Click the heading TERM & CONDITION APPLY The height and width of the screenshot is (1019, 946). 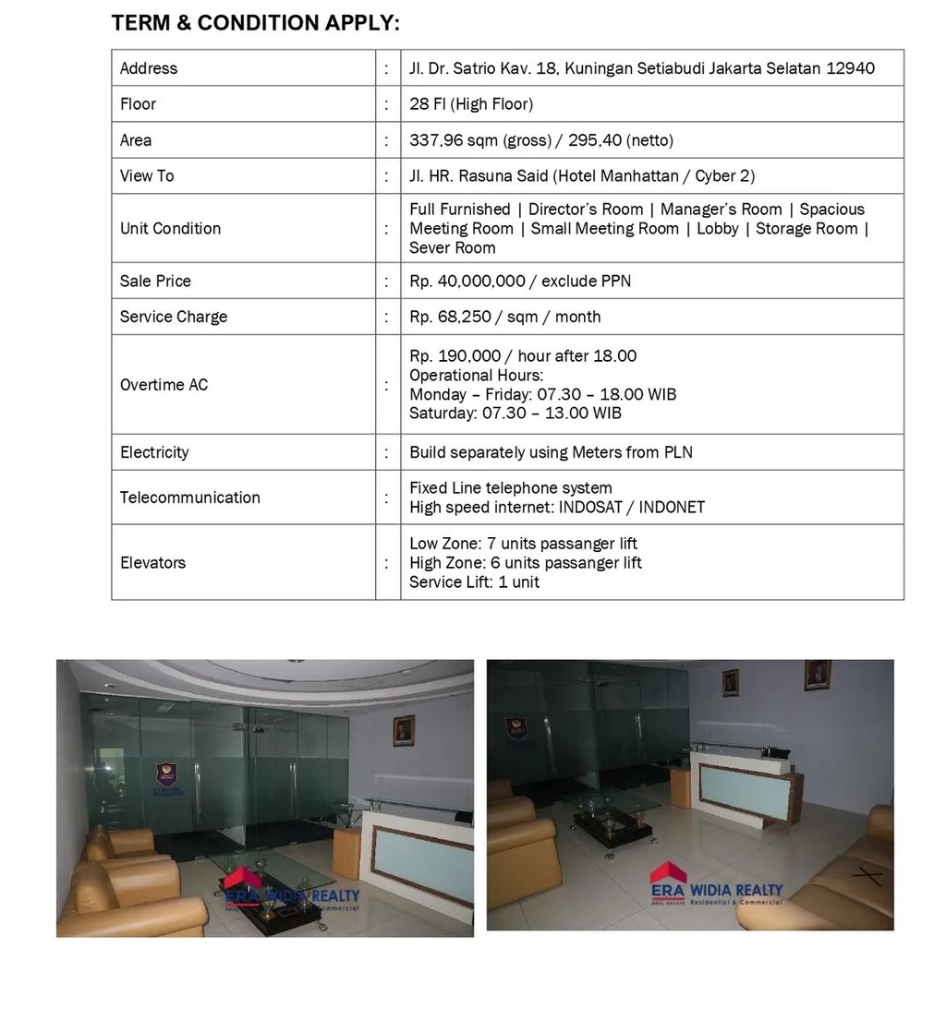click(x=255, y=24)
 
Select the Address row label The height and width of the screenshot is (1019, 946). click(x=149, y=68)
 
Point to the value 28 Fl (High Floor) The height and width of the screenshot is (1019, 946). click(x=471, y=104)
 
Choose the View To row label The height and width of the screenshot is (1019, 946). click(x=147, y=175)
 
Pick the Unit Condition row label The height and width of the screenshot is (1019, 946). click(x=170, y=228)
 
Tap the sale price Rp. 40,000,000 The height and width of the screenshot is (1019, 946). click(x=467, y=281)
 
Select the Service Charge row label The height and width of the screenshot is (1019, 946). click(x=174, y=317)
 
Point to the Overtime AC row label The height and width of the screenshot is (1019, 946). click(x=164, y=385)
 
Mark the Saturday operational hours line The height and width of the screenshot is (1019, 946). click(x=515, y=413)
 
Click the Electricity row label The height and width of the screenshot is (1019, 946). click(x=154, y=452)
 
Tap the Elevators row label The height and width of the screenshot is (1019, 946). click(x=152, y=562)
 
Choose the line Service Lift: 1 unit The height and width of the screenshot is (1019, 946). click(x=474, y=581)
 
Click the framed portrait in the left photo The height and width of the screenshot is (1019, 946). click(x=403, y=730)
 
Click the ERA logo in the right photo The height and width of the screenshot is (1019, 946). click(x=669, y=882)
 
